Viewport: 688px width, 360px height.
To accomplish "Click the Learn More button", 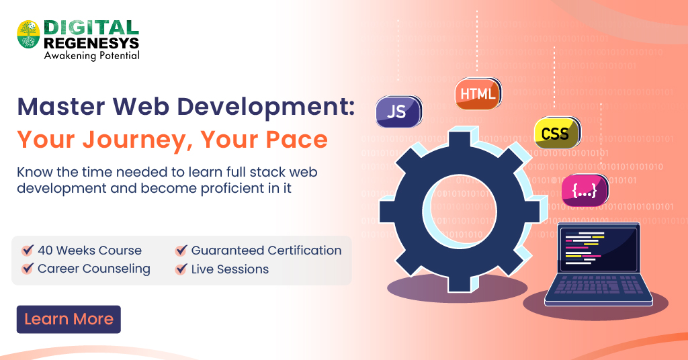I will pyautogui.click(x=69, y=320).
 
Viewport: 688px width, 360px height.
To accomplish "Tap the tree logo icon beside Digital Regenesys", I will pyautogui.click(x=29, y=34).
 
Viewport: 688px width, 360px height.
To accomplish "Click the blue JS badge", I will pyautogui.click(x=398, y=111).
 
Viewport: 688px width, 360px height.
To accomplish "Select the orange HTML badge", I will pyautogui.click(x=477, y=94).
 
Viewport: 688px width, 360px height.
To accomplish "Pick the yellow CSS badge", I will pyautogui.click(x=556, y=133).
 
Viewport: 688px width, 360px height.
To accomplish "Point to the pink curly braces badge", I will pyautogui.click(x=584, y=190).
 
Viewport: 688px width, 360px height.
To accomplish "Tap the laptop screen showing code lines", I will pyautogui.click(x=599, y=249).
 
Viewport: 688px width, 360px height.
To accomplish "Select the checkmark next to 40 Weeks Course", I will pyautogui.click(x=28, y=251).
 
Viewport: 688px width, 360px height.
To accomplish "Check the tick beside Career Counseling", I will pyautogui.click(x=28, y=269).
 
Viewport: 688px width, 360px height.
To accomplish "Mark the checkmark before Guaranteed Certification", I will pyautogui.click(x=181, y=251).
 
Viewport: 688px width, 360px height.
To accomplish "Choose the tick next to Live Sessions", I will pyautogui.click(x=181, y=269).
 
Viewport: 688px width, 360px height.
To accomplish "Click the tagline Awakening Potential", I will pyautogui.click(x=91, y=56).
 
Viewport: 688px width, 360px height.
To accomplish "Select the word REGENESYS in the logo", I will pyautogui.click(x=91, y=43).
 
